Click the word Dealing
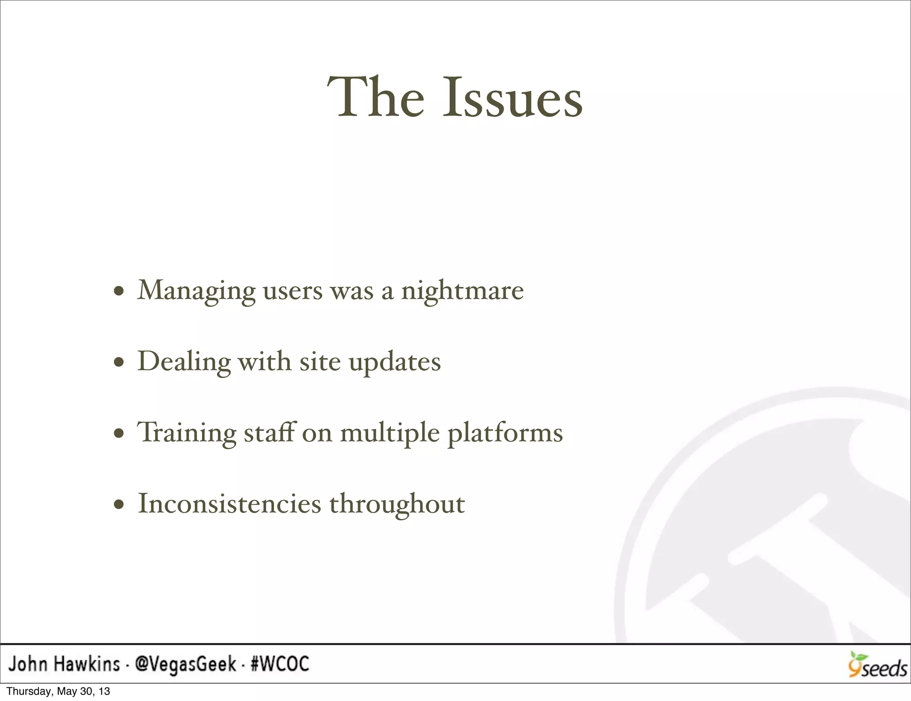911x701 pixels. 184,362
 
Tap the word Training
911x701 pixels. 187,433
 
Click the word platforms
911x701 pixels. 505,433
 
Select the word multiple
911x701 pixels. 390,433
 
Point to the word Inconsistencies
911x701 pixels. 230,504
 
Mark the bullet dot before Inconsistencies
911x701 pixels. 118,505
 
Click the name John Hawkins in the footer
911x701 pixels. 64,665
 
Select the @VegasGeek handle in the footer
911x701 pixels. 185,665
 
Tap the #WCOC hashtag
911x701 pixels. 280,665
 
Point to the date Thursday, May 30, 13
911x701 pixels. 58,692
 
